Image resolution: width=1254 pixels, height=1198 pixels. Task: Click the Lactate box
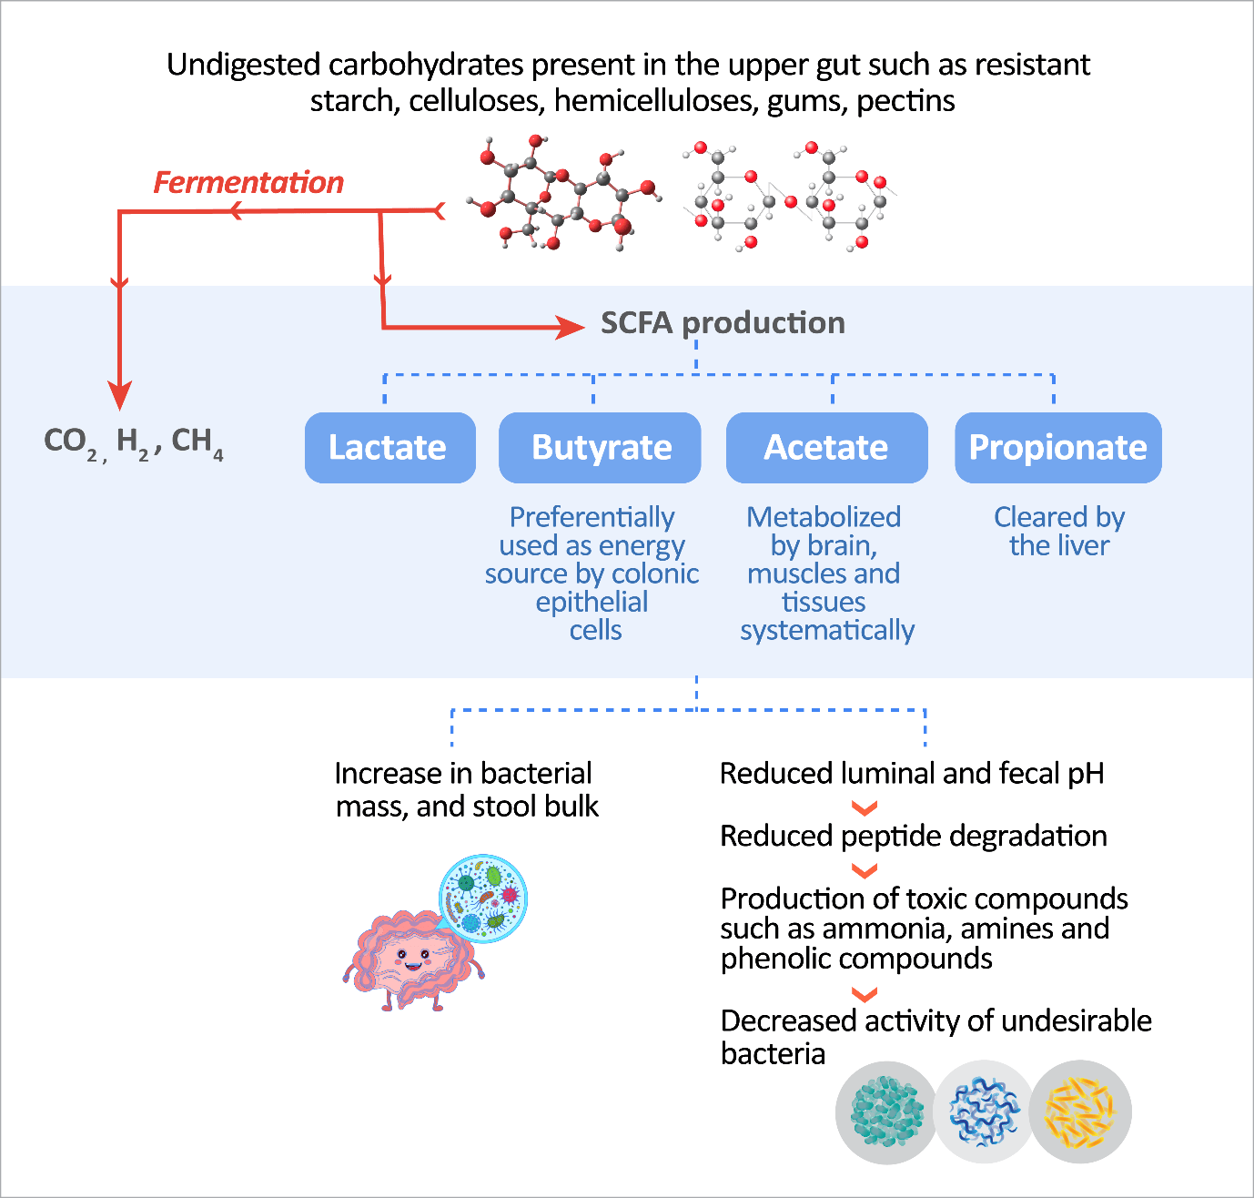pos(389,447)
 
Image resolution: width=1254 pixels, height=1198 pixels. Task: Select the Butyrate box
pos(600,447)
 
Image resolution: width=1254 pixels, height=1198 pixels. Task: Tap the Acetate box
pos(826,447)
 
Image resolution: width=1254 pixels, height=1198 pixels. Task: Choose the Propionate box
pos(1057,447)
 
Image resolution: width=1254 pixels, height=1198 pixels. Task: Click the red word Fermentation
pos(248,182)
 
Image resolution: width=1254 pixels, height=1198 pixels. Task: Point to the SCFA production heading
pos(723,323)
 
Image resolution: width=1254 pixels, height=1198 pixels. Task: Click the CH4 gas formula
pos(197,442)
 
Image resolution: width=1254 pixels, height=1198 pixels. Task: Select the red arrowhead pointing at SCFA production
pos(571,326)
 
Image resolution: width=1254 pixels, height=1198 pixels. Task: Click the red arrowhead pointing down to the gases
pos(119,395)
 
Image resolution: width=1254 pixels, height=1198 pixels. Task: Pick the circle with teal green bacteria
pos(886,1112)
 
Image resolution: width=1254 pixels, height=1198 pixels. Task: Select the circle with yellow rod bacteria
pos(1080,1112)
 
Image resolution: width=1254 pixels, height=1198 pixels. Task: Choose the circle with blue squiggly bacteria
pos(984,1112)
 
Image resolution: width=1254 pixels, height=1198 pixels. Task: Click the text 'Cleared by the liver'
pos(1059,531)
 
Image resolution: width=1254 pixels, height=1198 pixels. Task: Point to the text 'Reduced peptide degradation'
pos(913,836)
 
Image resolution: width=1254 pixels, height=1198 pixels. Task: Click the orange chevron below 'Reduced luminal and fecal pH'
pos(864,807)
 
